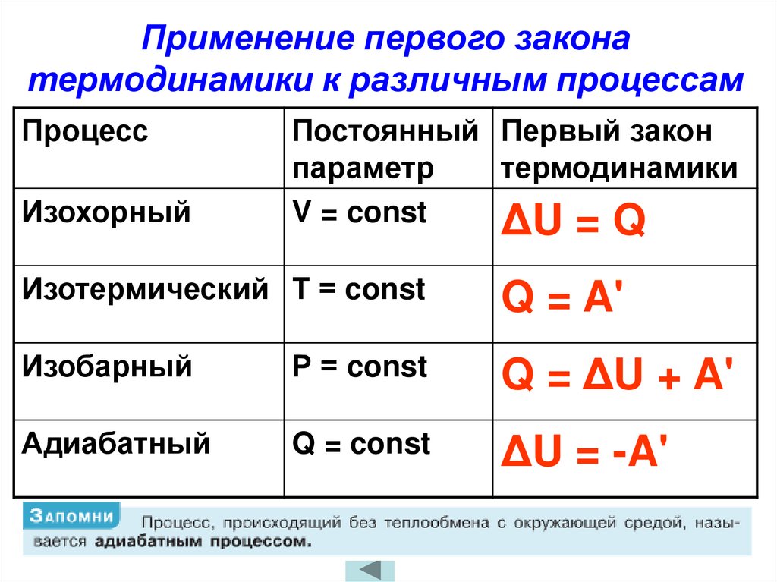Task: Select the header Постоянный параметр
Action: [385, 149]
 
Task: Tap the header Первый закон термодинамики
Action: [618, 149]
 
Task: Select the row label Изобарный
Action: [107, 367]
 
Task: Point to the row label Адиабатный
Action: [116, 443]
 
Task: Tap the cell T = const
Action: [359, 289]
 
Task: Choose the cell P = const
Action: [360, 367]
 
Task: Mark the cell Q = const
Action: [361, 443]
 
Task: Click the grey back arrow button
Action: [370, 570]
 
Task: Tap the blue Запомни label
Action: [72, 516]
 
